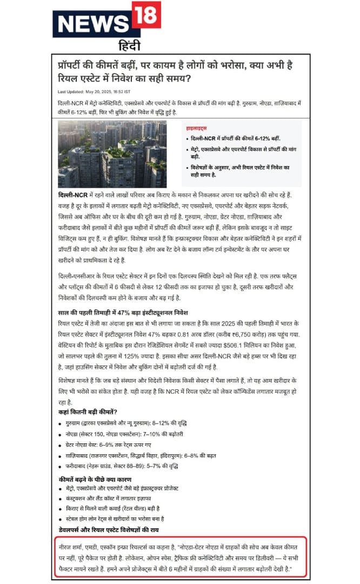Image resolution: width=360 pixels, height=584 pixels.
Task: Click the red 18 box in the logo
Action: (145, 15)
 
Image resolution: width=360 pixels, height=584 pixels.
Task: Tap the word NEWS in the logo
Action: (91, 24)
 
